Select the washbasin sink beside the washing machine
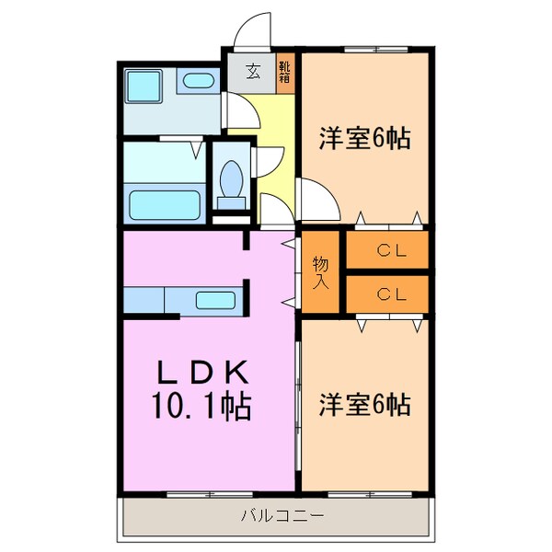[x=198, y=80]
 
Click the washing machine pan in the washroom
[x=143, y=86]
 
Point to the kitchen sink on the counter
[x=214, y=299]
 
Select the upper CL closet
[x=387, y=249]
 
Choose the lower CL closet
[x=387, y=294]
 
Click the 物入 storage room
[x=320, y=273]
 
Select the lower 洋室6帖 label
[x=364, y=403]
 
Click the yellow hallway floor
[x=274, y=129]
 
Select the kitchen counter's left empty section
[x=143, y=300]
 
